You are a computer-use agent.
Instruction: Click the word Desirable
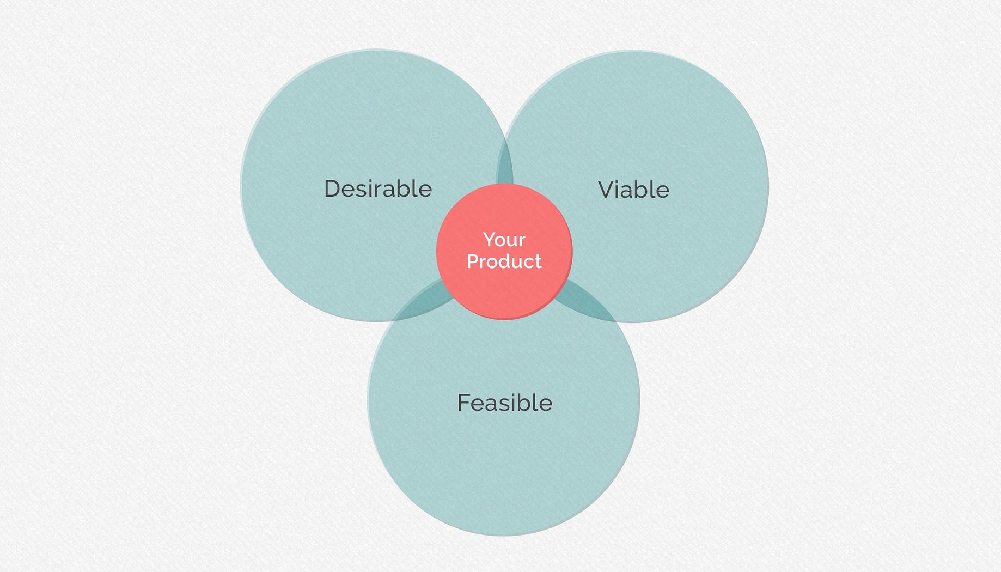(x=377, y=189)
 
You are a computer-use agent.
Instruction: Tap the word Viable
(x=633, y=190)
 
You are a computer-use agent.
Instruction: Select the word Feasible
(x=504, y=403)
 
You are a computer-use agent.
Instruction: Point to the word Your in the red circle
(x=504, y=240)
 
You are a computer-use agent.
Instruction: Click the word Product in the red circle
(x=504, y=261)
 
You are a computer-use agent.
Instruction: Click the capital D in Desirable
(x=333, y=189)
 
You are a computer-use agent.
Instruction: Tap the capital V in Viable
(x=607, y=190)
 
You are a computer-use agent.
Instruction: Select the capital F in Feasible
(x=463, y=403)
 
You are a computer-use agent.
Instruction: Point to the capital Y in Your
(x=489, y=239)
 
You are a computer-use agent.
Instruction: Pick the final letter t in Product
(x=538, y=261)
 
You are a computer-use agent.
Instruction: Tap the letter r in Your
(x=522, y=241)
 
